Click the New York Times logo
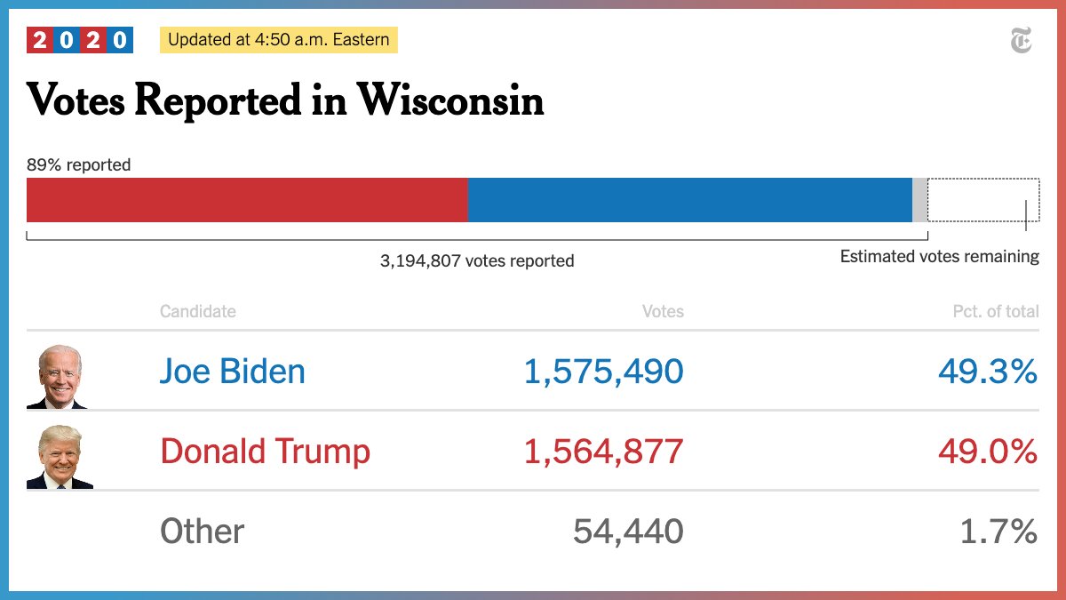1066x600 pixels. tap(1021, 41)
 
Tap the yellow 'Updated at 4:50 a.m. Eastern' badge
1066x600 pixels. tap(278, 40)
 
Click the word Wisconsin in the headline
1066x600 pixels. tap(450, 100)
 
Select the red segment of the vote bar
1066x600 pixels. tap(247, 200)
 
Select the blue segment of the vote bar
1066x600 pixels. tap(689, 200)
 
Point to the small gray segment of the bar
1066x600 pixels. tap(919, 200)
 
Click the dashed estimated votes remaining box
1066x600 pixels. tap(983, 200)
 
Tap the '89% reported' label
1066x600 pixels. tap(79, 164)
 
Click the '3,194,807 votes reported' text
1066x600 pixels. tap(477, 261)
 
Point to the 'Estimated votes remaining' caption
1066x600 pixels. tap(939, 257)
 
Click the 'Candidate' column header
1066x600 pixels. tap(198, 311)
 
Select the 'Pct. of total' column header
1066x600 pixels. tap(995, 311)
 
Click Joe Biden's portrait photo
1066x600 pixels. tap(60, 377)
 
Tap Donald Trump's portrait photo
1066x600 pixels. tap(60, 457)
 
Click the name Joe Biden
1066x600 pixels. tap(233, 372)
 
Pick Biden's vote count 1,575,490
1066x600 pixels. tap(604, 372)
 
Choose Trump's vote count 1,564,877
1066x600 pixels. tap(604, 452)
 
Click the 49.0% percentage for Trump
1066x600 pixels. tap(988, 452)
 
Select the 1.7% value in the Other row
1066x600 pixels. tap(998, 532)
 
